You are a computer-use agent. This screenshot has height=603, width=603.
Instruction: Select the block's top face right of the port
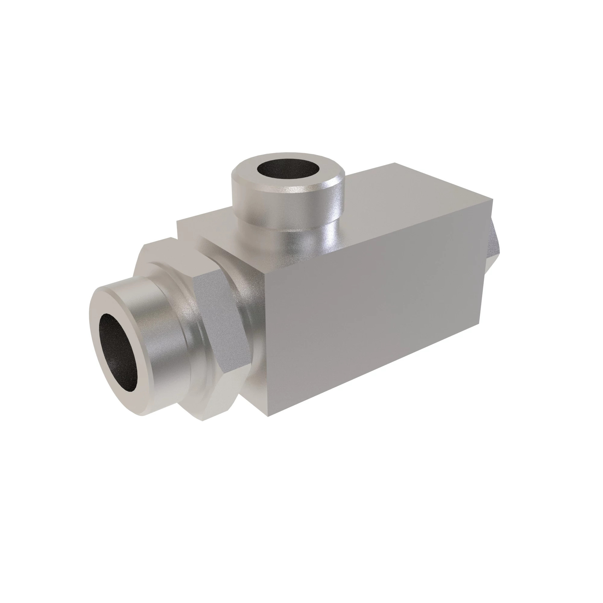406,200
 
